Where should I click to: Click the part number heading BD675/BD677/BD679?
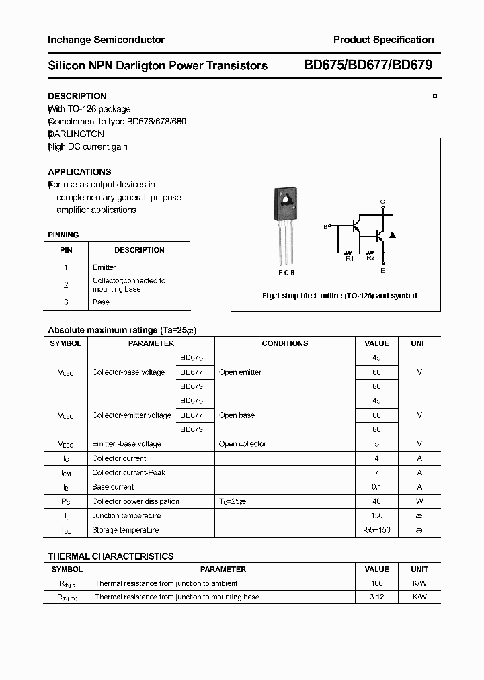pos(368,65)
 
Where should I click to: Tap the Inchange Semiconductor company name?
pos(106,40)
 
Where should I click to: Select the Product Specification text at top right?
pos(383,40)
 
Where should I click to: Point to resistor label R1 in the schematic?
pos(350,258)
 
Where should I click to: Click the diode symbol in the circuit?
pos(393,235)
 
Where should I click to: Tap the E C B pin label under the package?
pos(286,273)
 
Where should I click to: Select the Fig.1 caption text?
pos(339,296)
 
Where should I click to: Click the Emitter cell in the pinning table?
pos(104,267)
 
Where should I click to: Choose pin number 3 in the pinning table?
pos(66,302)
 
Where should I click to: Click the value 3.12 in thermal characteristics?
pos(376,597)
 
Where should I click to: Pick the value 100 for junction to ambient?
pos(376,583)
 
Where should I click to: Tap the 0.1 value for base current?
pos(376,487)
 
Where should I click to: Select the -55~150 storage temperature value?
pos(376,530)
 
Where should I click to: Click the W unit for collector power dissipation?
pos(419,501)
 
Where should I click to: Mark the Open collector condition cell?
pos(243,444)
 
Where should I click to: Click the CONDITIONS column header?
pos(285,343)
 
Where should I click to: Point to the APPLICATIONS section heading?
pos(79,172)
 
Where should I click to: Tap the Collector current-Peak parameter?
pos(128,473)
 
